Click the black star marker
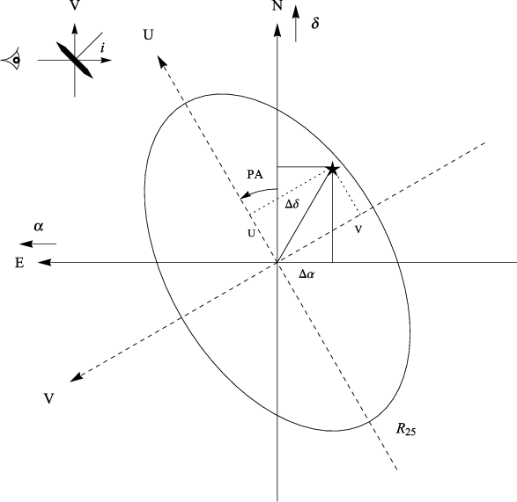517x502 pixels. [x=333, y=169]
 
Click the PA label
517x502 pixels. [x=255, y=174]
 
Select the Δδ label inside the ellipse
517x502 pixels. [x=292, y=204]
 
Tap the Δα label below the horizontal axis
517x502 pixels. [x=307, y=274]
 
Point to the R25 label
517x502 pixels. [x=406, y=430]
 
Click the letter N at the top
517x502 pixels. [x=277, y=5]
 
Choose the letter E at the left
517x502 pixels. [x=19, y=263]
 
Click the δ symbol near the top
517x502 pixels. [x=315, y=23]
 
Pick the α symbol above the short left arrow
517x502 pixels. [x=39, y=227]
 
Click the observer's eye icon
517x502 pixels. [x=12, y=60]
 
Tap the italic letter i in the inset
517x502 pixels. [x=103, y=48]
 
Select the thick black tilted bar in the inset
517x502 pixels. [x=75, y=61]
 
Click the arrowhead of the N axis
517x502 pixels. [x=277, y=30]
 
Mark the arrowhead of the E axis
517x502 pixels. [x=44, y=262]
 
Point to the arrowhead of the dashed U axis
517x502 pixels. [x=162, y=62]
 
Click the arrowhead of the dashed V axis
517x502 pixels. [x=77, y=377]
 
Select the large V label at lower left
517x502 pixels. [x=48, y=399]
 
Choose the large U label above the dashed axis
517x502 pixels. [x=148, y=34]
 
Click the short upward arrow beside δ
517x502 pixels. [x=296, y=24]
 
